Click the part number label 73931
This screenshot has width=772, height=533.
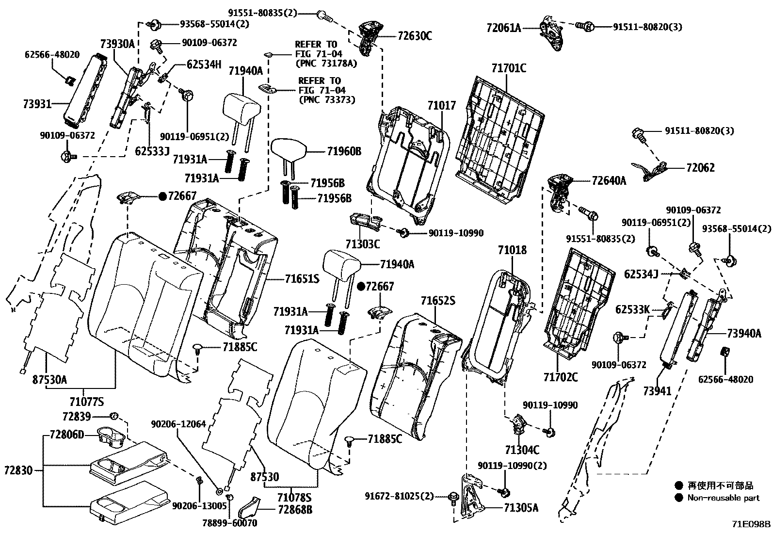point(37,104)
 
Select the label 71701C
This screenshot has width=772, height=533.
point(508,68)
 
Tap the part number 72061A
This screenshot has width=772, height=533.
point(504,28)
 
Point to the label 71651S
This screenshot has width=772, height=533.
point(302,279)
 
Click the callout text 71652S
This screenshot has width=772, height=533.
point(438,301)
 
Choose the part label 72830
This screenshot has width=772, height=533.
point(18,470)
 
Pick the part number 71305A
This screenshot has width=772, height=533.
point(521,508)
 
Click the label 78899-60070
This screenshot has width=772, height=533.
point(231,523)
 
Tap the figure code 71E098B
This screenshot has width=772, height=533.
point(751,524)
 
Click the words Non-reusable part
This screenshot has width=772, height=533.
point(724,498)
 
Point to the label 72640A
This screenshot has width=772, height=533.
point(609,181)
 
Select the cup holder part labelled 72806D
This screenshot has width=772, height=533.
point(111,435)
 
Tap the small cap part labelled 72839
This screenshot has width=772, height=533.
point(115,416)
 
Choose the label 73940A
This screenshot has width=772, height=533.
point(744,334)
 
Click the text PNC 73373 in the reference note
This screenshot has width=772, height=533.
point(327,100)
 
